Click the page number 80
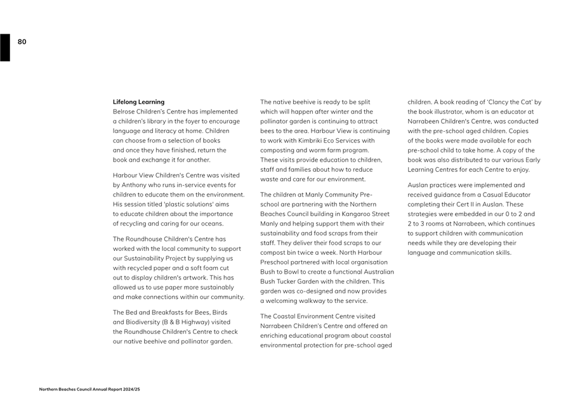click(x=22, y=42)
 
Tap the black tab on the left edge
click(x=5, y=48)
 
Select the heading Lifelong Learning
click(x=138, y=101)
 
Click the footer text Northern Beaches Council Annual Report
click(x=89, y=389)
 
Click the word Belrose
click(x=124, y=112)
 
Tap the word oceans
click(x=210, y=223)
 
